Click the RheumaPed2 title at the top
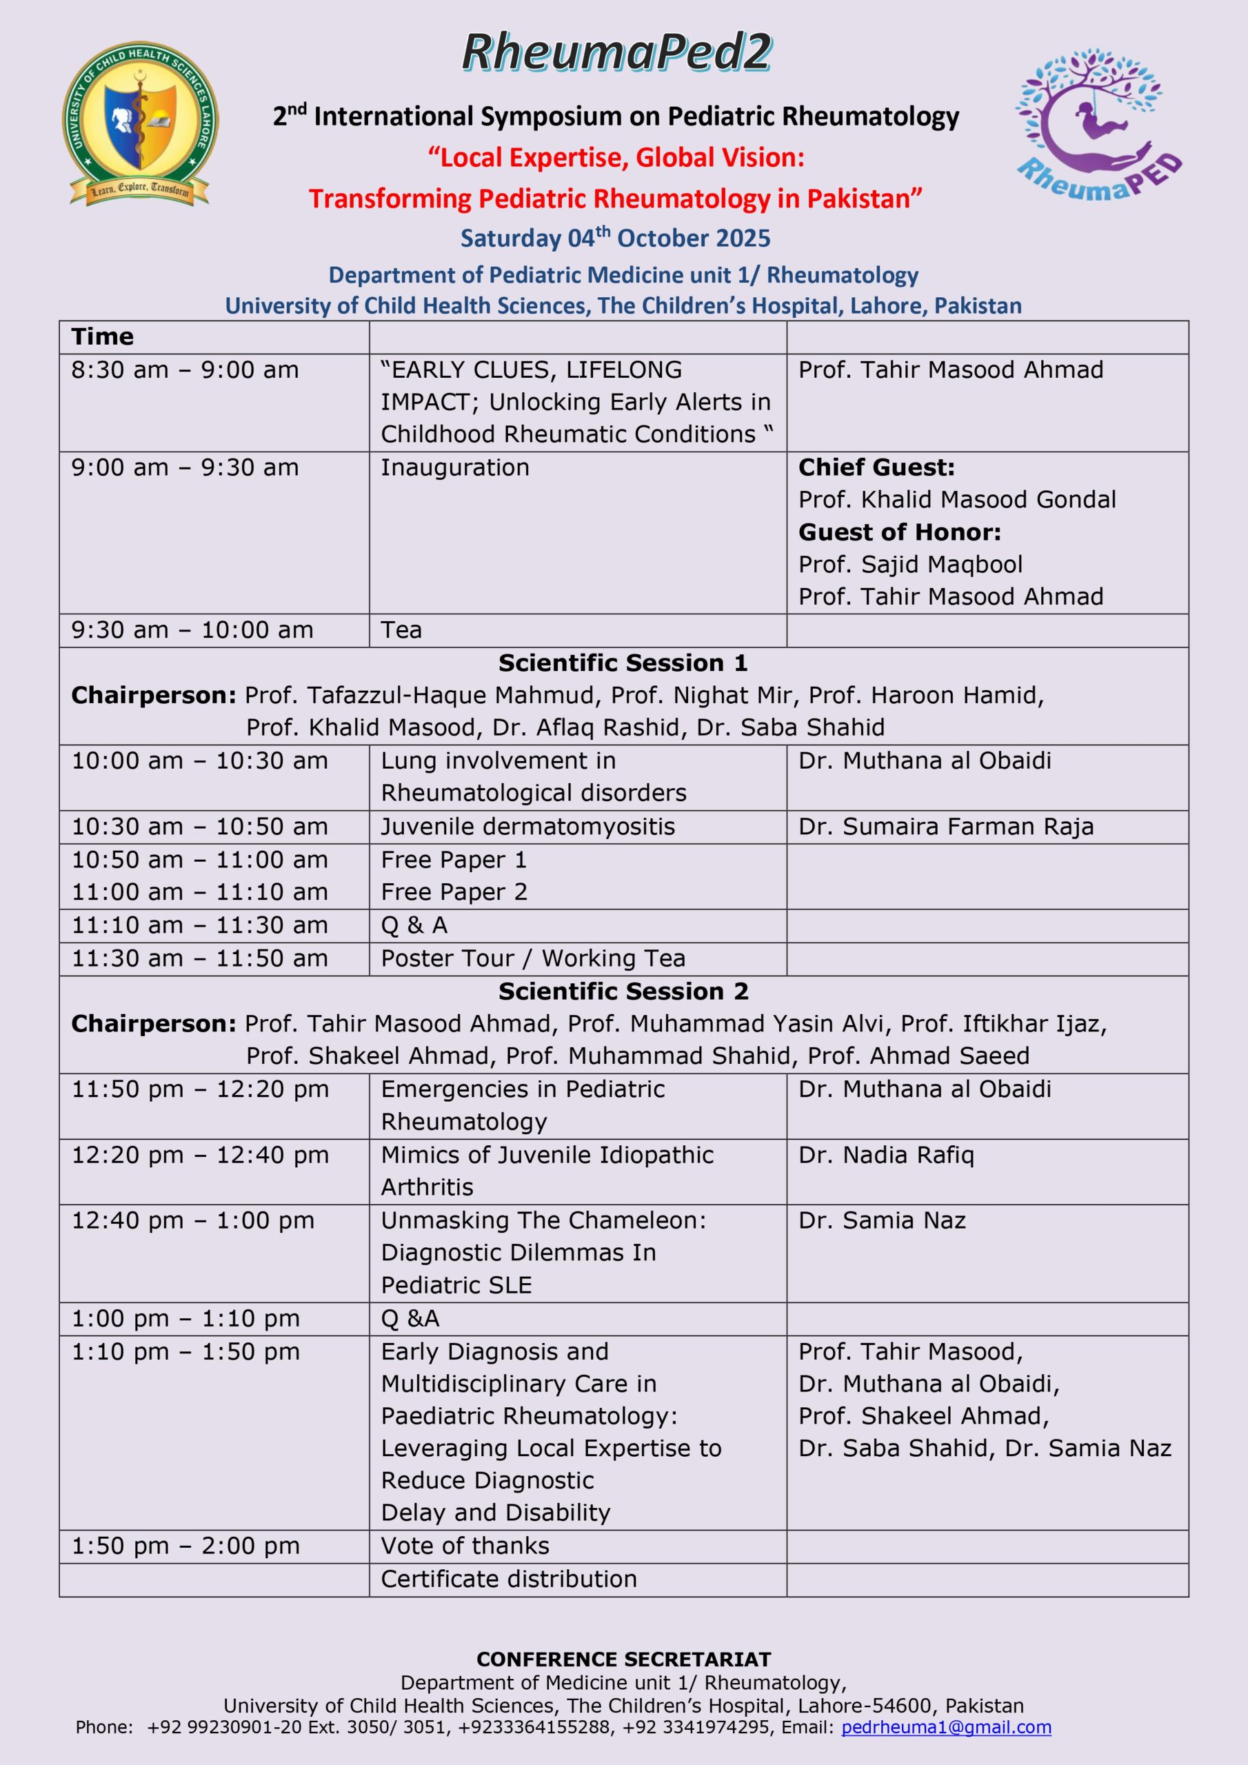[x=616, y=53]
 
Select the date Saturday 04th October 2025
[x=615, y=238]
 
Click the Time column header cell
[x=102, y=336]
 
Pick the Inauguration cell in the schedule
[x=454, y=467]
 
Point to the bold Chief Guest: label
[x=876, y=467]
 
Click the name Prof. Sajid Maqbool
[x=909, y=564]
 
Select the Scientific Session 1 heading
[x=623, y=663]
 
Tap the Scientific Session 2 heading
[x=623, y=991]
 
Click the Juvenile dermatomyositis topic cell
[x=527, y=827]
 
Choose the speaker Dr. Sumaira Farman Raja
[x=945, y=827]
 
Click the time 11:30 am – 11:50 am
[x=199, y=958]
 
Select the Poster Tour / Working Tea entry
[x=532, y=958]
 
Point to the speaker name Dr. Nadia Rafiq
[x=886, y=1155]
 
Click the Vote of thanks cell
[x=465, y=1545]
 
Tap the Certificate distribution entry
[x=508, y=1578]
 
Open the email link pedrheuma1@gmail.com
[x=946, y=1727]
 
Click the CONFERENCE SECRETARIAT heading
[x=623, y=1660]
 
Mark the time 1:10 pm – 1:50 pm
[x=185, y=1351]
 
